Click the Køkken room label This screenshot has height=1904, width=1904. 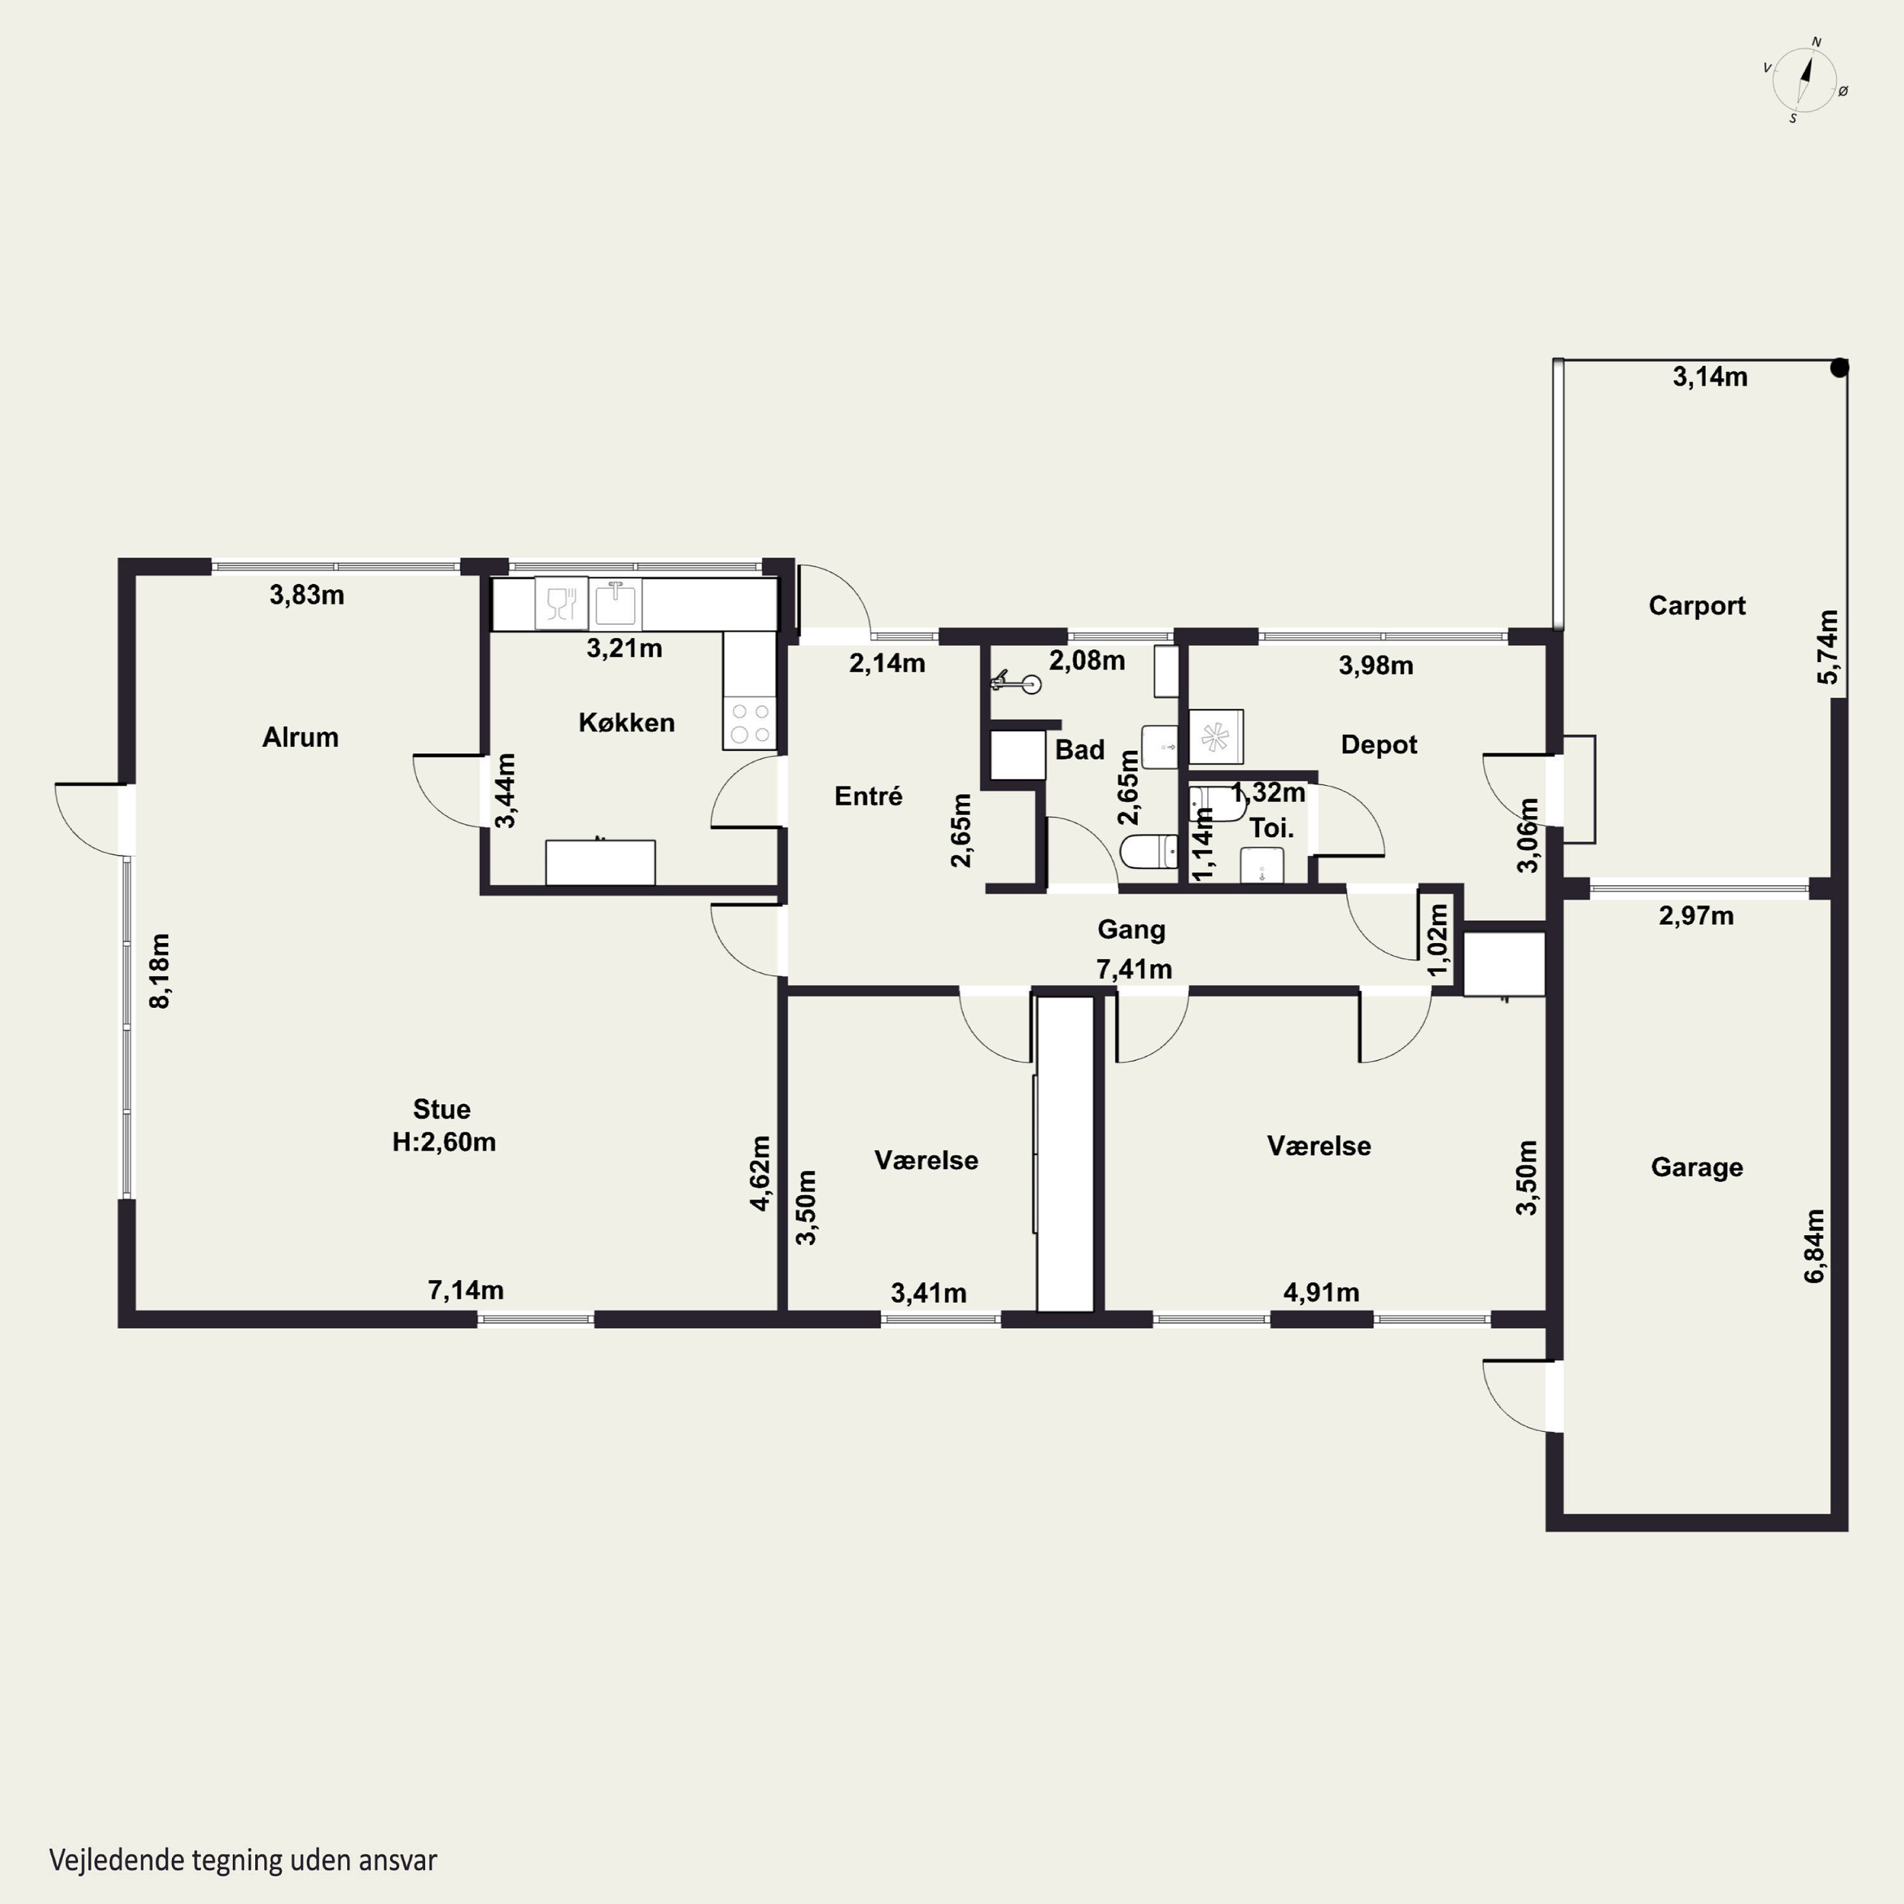pos(627,722)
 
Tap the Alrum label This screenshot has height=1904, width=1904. pos(301,737)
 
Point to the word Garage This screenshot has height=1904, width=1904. pos(1697,1168)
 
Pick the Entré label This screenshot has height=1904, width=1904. pos(868,797)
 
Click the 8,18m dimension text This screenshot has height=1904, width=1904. pos(160,971)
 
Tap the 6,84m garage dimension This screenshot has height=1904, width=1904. pos(1815,1246)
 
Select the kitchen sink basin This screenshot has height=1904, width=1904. pos(616,602)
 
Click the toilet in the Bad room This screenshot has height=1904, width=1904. pos(1149,852)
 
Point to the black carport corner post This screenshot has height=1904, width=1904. pos(1839,367)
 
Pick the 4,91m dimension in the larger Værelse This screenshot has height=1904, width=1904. pos(1321,1292)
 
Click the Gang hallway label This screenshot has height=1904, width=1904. pos(1132,929)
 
